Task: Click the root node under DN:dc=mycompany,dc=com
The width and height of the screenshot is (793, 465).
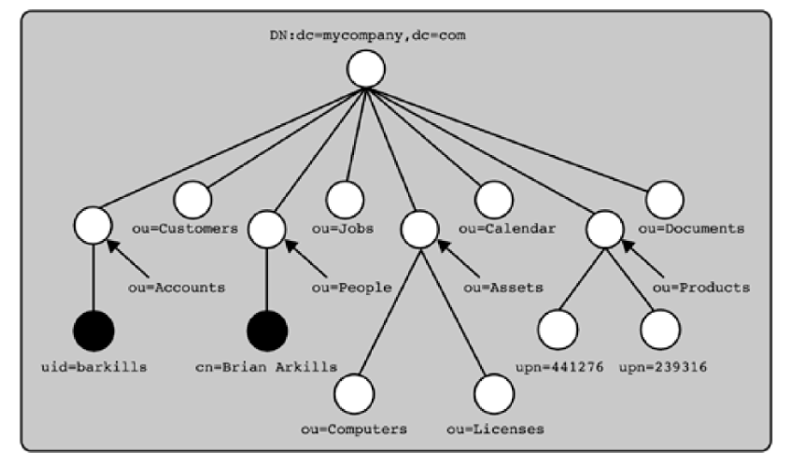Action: (365, 69)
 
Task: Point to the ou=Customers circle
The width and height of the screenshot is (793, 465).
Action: (193, 196)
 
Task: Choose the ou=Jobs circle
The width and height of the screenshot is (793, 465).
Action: (344, 196)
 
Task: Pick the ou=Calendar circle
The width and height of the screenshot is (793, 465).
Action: (494, 196)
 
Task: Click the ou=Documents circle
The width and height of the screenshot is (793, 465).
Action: (664, 196)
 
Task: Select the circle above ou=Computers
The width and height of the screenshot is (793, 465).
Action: (355, 392)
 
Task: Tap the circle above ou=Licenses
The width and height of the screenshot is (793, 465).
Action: (495, 392)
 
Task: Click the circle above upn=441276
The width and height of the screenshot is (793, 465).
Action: (558, 329)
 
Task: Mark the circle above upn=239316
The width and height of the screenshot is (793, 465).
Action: (658, 329)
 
